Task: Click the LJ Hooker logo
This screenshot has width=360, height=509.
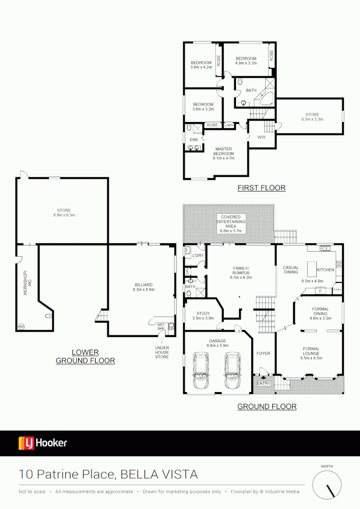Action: coord(43,443)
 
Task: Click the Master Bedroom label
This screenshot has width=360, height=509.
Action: coord(223,154)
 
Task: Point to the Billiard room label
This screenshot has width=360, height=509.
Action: coord(143,287)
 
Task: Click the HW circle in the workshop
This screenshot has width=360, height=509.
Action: coord(21,326)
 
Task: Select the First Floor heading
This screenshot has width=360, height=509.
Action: coord(261,188)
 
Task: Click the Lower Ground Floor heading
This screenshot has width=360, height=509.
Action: coord(85,356)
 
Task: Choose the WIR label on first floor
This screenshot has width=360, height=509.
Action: coord(262,137)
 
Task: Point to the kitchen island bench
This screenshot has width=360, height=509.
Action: coord(311,270)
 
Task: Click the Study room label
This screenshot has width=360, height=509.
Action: coord(203,315)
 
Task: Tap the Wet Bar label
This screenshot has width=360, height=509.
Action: coord(161,326)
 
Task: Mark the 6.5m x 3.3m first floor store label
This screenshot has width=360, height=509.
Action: coord(312,117)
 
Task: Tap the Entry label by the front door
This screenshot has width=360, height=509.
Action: coord(263,384)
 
